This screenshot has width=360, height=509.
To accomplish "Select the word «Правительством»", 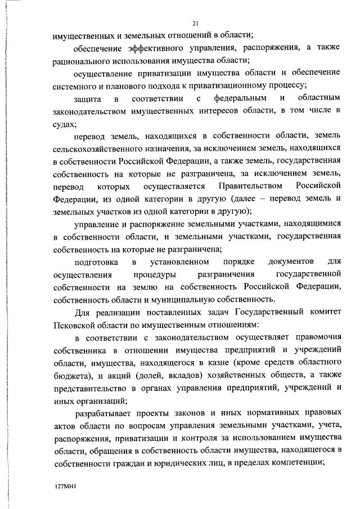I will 242,186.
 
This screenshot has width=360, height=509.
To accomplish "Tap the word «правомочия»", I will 313,339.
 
